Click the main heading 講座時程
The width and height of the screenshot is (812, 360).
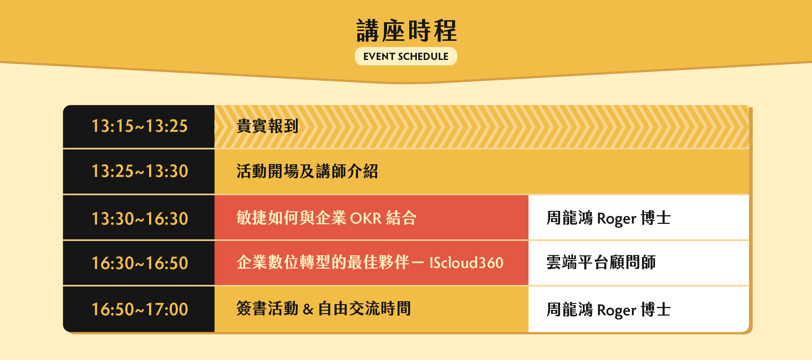406,31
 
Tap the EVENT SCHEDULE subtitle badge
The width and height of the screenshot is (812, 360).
406,56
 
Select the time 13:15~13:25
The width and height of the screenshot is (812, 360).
140,126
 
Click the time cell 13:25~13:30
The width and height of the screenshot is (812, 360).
140,171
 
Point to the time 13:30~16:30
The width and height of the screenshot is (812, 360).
140,219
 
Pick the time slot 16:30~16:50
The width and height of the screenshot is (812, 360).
140,263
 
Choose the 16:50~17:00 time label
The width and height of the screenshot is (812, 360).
140,309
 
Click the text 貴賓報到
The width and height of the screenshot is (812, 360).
267,126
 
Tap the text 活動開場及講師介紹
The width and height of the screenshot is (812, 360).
307,171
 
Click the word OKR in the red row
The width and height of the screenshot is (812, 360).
366,218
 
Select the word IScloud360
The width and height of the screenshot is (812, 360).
466,263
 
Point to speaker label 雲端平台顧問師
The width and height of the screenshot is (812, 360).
601,263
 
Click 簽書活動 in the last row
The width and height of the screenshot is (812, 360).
267,309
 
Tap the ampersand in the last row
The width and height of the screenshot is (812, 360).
308,309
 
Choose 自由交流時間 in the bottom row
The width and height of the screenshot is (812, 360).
364,309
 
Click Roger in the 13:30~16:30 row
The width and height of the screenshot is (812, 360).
617,219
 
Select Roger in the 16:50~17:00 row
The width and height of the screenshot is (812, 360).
617,311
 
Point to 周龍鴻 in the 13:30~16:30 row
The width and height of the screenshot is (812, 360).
570,218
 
